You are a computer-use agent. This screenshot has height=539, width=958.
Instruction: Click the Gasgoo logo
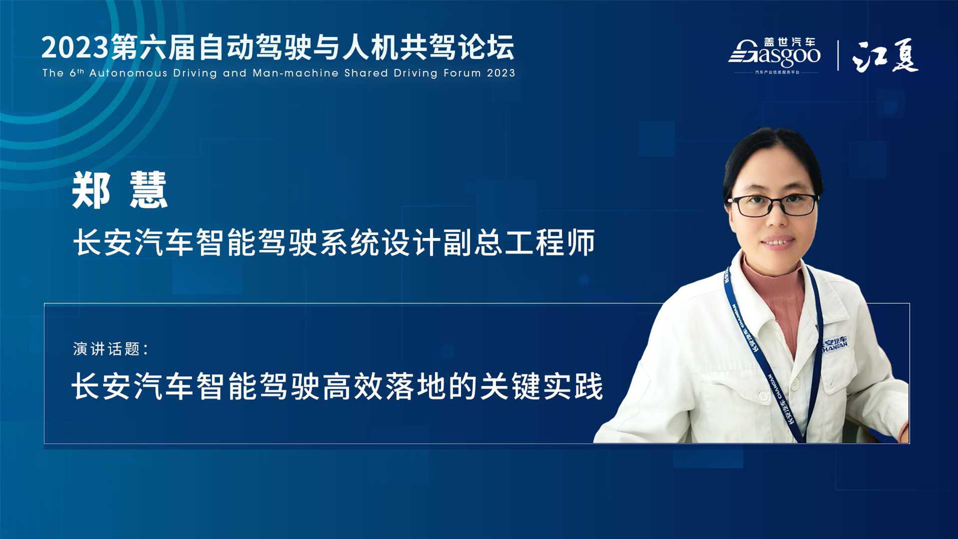pos(774,55)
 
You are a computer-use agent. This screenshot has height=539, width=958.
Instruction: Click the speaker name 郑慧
pos(120,190)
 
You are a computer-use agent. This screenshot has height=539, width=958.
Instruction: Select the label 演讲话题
pos(107,349)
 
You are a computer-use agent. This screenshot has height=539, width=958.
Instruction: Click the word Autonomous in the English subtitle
pos(128,73)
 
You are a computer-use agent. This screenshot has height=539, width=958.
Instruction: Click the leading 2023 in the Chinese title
pos(75,48)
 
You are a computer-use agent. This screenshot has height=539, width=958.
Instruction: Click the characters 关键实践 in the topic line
pos(541,386)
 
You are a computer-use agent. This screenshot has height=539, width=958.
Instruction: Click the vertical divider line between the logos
pos(838,55)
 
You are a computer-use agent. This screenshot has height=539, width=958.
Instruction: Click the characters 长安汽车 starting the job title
pos(133,243)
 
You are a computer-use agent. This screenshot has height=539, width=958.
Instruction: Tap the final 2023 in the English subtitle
pos(501,73)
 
